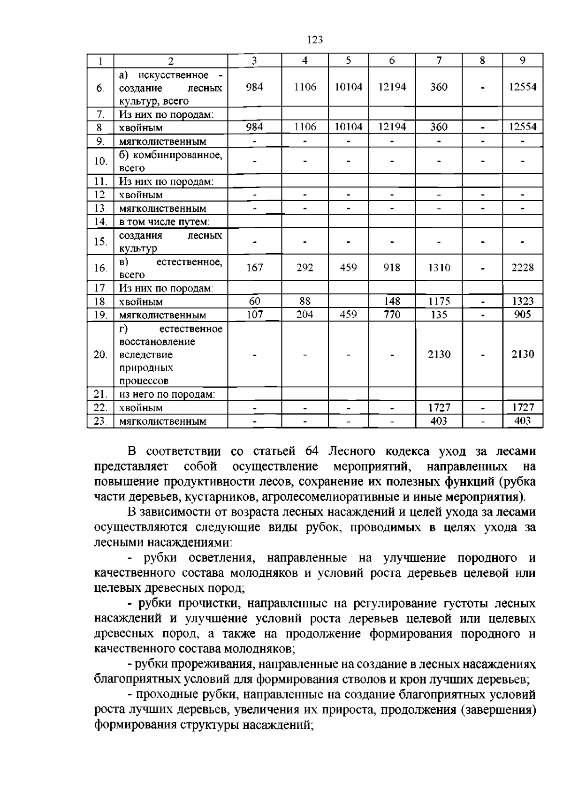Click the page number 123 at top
[x=315, y=40]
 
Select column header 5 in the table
[x=348, y=60]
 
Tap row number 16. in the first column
[x=100, y=268]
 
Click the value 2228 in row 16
[x=523, y=268]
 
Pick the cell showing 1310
[x=439, y=268]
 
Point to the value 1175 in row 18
[x=439, y=301]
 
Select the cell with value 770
[x=392, y=315]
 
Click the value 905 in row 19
[x=523, y=315]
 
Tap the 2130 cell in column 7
[x=439, y=354]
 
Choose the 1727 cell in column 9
[x=523, y=407]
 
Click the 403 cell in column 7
[x=439, y=421]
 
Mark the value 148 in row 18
[x=392, y=301]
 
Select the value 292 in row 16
[x=305, y=268]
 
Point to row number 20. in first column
[x=100, y=355]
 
